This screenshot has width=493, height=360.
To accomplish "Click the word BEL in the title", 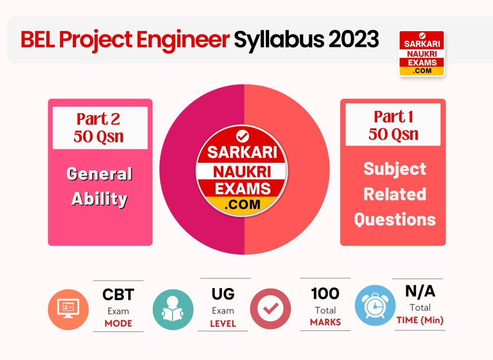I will click(37, 40).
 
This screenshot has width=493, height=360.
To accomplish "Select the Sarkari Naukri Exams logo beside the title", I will click(422, 53).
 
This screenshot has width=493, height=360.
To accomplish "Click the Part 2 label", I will click(98, 119).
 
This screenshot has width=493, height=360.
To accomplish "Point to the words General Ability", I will click(100, 186).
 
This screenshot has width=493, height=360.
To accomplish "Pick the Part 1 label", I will click(393, 117).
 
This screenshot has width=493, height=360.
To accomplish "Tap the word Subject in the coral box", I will click(394, 169).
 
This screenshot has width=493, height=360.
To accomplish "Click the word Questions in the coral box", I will click(394, 219).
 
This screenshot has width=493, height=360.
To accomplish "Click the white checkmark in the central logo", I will click(243, 136).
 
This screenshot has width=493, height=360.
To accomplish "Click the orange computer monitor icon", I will click(68, 309).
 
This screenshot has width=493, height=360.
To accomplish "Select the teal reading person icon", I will click(173, 309).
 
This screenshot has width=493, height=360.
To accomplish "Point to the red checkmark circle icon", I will click(270, 309).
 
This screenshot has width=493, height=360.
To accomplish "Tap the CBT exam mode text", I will click(118, 295).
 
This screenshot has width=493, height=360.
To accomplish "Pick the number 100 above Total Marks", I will click(325, 294).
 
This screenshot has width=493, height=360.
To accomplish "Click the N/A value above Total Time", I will click(420, 291).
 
